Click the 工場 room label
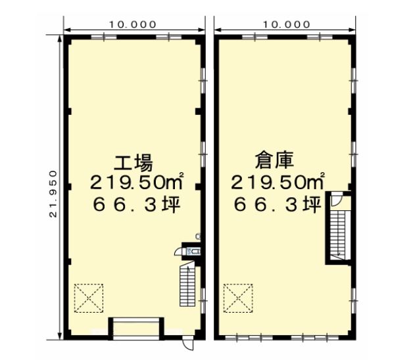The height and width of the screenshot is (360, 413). [x=133, y=163]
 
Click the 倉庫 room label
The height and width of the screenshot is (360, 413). [x=274, y=160]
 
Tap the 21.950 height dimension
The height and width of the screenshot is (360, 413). [x=53, y=194]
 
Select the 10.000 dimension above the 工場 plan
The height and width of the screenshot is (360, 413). [x=133, y=24]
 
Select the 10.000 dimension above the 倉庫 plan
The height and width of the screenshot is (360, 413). [x=287, y=24]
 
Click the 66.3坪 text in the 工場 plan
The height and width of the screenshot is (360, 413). [x=137, y=204]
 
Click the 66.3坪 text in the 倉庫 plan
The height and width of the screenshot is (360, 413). [x=278, y=204]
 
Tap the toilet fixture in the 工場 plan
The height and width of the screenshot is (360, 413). [x=193, y=252]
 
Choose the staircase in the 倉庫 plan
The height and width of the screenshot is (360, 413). [x=338, y=235]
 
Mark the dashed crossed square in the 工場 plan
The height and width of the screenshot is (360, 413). [x=89, y=298]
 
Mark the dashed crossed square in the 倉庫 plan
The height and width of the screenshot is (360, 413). [x=238, y=298]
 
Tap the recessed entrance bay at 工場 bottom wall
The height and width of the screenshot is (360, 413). [x=136, y=328]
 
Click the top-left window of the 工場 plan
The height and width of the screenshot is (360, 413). [x=104, y=37]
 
